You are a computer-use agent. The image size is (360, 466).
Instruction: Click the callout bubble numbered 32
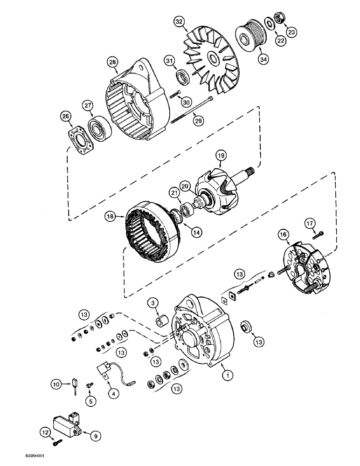click(179, 21)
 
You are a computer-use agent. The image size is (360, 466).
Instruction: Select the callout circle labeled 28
click(112, 62)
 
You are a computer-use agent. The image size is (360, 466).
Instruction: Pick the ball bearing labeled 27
click(98, 127)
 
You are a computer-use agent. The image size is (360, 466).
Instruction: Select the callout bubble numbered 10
click(56, 384)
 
